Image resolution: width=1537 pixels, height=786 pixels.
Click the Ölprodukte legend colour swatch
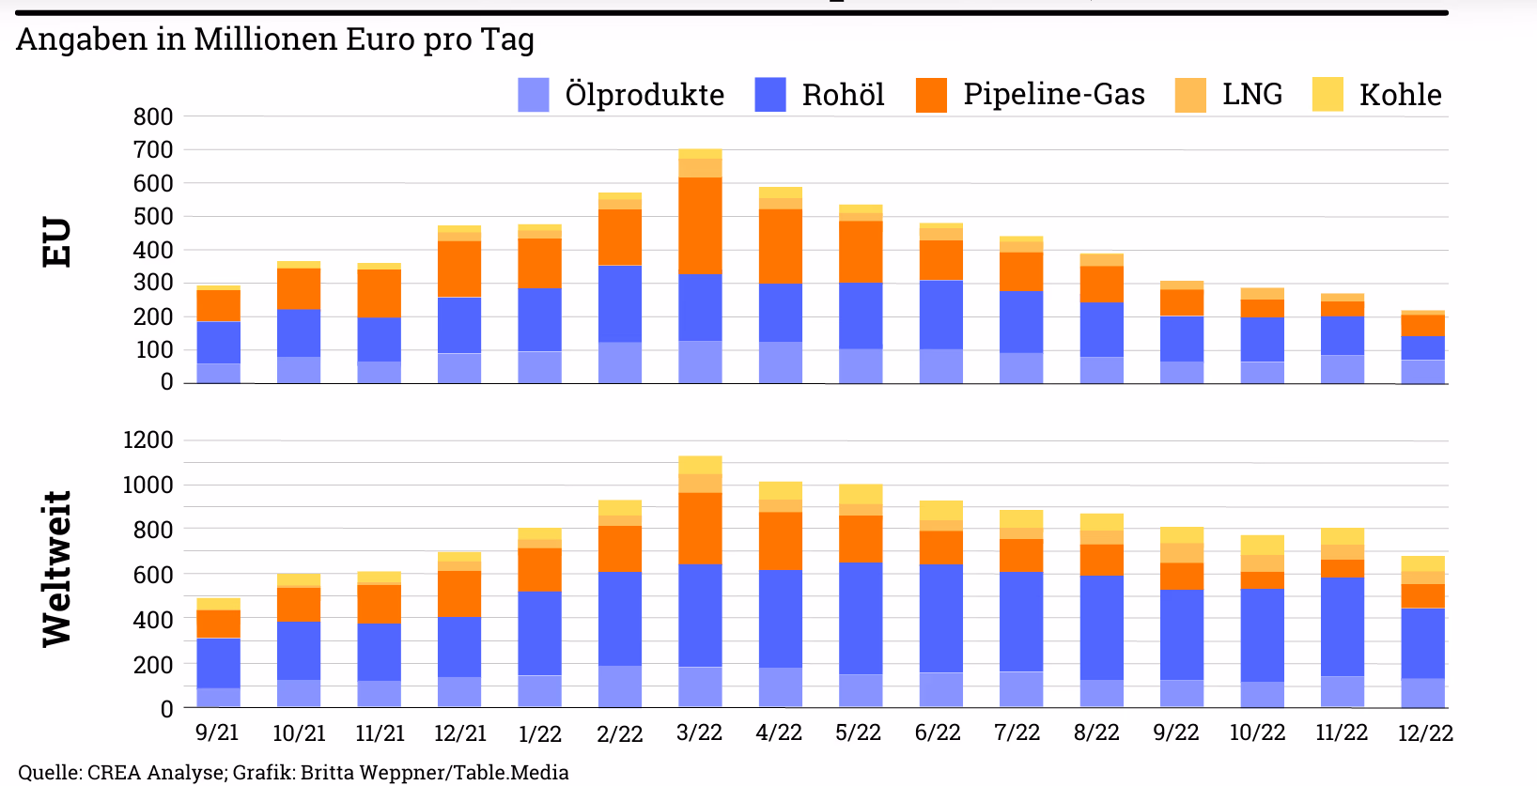tap(533, 95)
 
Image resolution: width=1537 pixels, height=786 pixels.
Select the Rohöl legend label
tap(844, 95)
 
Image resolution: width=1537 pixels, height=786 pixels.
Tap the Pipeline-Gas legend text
tap(1054, 94)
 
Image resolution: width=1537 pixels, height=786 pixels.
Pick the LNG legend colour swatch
tap(1190, 95)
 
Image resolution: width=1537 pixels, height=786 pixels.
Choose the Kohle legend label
tap(1401, 95)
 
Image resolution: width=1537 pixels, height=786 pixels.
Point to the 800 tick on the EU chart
tap(153, 116)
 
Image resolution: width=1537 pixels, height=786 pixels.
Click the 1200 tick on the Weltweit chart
tap(148, 439)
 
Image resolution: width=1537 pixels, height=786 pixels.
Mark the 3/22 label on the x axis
tap(699, 732)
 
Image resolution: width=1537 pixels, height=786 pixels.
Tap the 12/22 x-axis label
tap(1426, 733)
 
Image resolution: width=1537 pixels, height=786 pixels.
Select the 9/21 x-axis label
tap(217, 732)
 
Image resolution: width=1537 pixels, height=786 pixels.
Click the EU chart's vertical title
tap(56, 242)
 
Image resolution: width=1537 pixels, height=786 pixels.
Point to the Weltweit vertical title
tap(56, 569)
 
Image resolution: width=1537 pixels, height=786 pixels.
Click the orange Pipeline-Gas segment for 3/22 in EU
tap(700, 225)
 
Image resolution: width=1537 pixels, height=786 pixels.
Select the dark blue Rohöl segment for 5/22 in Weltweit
tap(861, 619)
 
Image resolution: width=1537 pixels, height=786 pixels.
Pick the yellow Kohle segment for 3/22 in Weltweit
tap(700, 465)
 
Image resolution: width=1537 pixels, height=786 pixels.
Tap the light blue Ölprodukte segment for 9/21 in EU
tap(218, 373)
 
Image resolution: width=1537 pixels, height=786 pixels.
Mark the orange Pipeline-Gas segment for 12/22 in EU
tap(1422, 326)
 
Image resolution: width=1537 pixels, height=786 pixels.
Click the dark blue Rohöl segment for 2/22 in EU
tap(620, 304)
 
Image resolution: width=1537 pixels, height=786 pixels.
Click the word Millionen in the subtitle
tap(266, 39)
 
